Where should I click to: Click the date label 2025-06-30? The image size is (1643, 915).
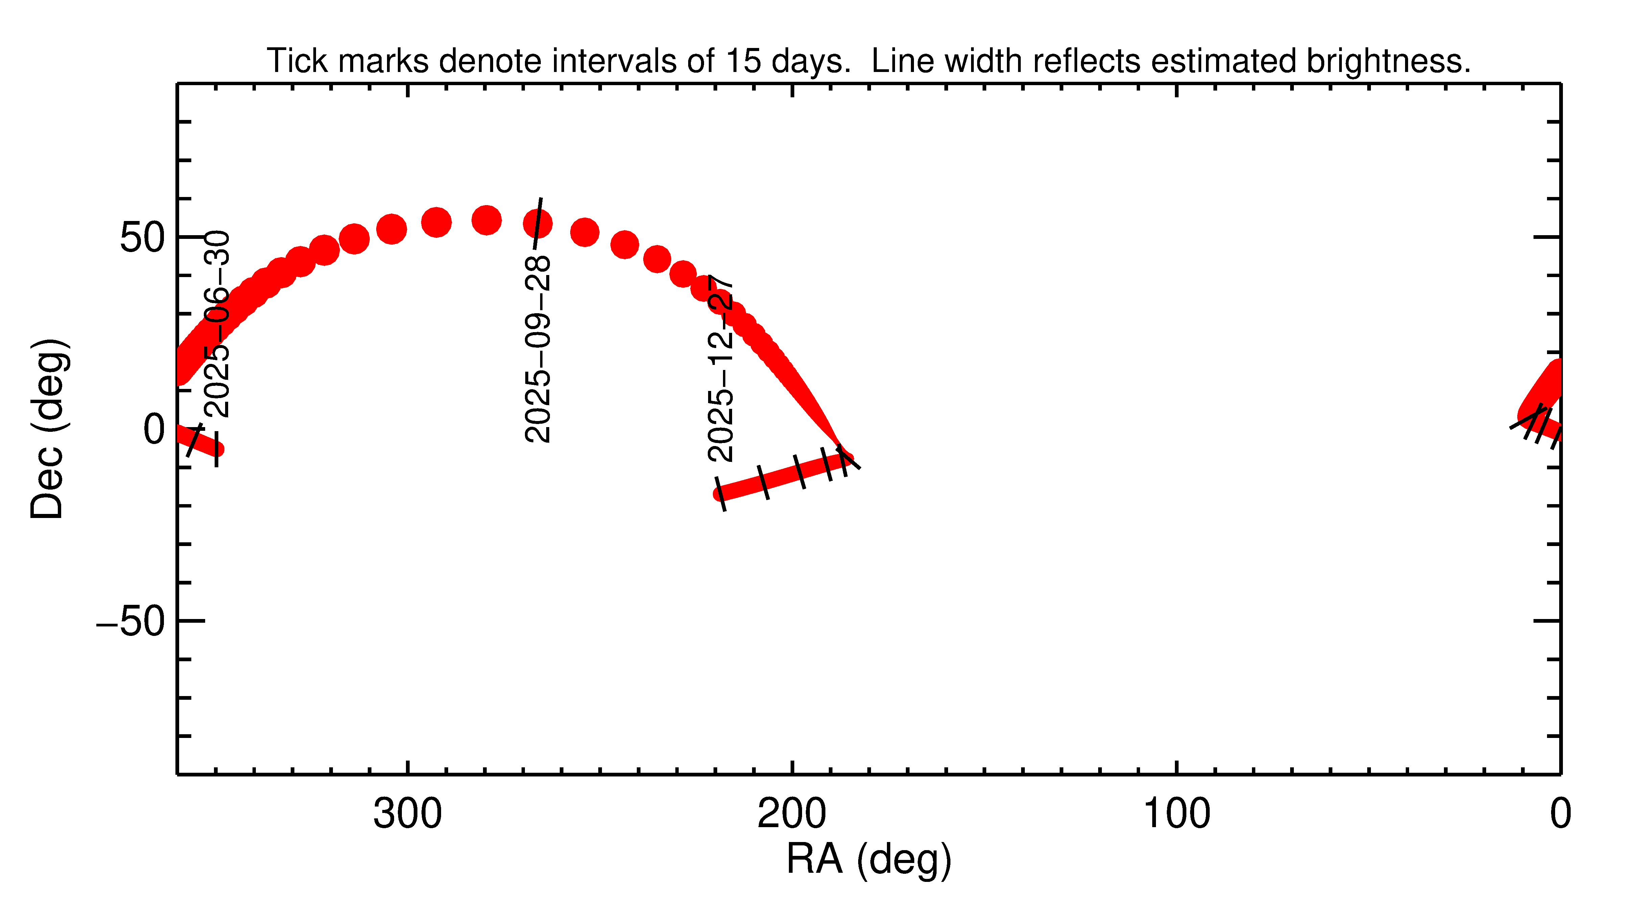click(x=217, y=324)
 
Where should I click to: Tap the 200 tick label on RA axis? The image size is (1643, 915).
click(x=792, y=814)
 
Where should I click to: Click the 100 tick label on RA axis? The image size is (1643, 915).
click(x=1176, y=814)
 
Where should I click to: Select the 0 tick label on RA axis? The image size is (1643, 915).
click(x=1560, y=814)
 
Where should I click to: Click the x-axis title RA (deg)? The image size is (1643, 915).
click(x=869, y=860)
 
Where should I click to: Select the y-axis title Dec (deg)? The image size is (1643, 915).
click(x=48, y=429)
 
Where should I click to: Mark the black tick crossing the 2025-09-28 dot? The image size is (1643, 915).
click(x=538, y=223)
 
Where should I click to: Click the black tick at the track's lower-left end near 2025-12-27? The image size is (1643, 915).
click(x=720, y=494)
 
